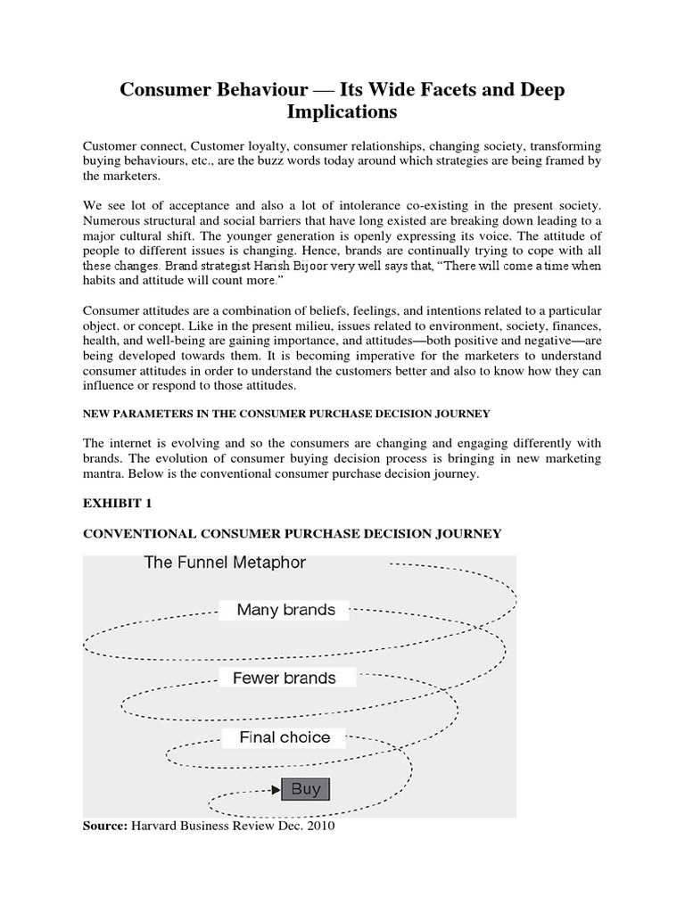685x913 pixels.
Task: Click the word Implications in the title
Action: [x=342, y=113]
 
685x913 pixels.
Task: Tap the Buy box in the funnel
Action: [x=306, y=789]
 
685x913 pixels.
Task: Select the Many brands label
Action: [x=285, y=611]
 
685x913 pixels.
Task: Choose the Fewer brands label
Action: [x=285, y=679]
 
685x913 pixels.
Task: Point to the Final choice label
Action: [x=285, y=737]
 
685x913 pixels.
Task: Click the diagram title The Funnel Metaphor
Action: [x=225, y=563]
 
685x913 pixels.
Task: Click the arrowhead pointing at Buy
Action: [x=276, y=789]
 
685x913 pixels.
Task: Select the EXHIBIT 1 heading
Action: [x=117, y=504]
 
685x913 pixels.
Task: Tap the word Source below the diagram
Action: [x=105, y=827]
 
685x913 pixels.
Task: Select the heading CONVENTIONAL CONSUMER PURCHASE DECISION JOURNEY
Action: [x=292, y=533]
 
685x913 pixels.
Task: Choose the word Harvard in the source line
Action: [x=157, y=827]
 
